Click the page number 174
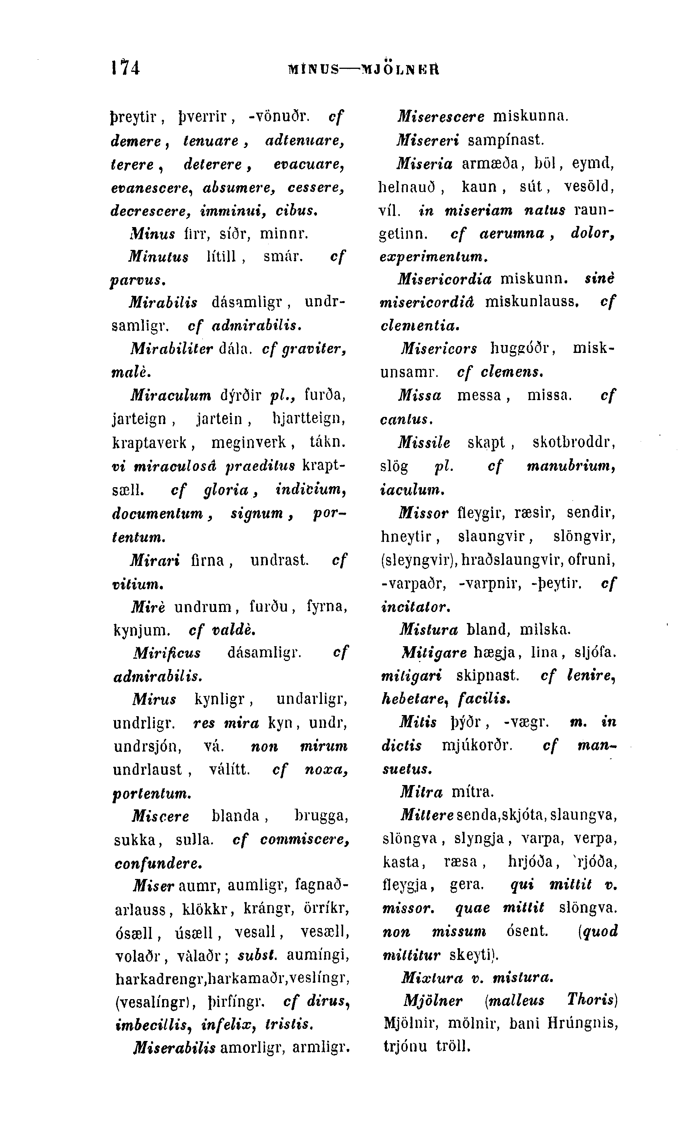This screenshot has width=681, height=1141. pyautogui.click(x=125, y=68)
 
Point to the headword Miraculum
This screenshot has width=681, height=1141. pyautogui.click(x=171, y=394)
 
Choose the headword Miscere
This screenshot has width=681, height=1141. pyautogui.click(x=161, y=816)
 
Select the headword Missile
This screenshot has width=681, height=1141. pyautogui.click(x=424, y=443)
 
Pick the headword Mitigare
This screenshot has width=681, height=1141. pyautogui.click(x=434, y=652)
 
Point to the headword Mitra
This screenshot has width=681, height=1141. pyautogui.click(x=421, y=792)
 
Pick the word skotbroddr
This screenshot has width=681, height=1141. pyautogui.click(x=574, y=443)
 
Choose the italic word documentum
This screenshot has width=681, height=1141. pyautogui.click(x=158, y=513)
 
